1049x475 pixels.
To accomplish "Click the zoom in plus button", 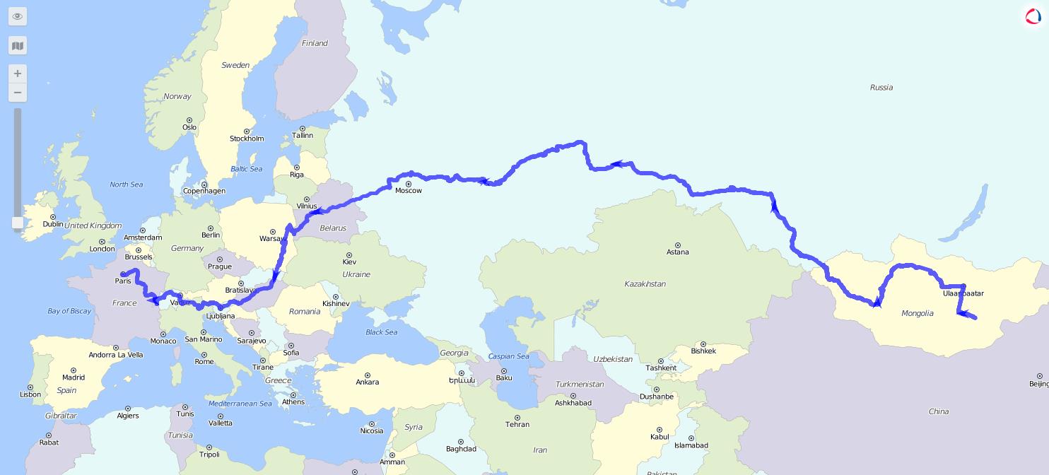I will (x=18, y=74).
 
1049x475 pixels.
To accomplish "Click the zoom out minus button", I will (x=18, y=93).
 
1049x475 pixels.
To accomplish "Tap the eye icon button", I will (x=18, y=16).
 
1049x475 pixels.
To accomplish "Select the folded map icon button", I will (x=18, y=46).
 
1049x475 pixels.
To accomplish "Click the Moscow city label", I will (x=408, y=191).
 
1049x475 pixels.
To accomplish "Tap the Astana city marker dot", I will (x=678, y=245).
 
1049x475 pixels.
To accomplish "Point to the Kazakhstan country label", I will (x=645, y=283).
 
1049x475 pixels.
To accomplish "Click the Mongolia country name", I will (x=918, y=313).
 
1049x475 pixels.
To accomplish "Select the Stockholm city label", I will (x=247, y=139).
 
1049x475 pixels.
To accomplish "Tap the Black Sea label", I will (x=381, y=332).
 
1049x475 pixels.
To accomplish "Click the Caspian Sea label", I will (x=508, y=356).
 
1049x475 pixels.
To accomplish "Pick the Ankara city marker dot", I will (x=368, y=375).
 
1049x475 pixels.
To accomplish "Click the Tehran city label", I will (x=517, y=424).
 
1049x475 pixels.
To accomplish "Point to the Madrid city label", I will (x=74, y=377).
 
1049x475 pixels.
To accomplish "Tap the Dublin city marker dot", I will (x=53, y=217).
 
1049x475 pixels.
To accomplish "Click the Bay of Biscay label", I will (x=69, y=311).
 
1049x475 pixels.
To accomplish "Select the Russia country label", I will (x=881, y=88).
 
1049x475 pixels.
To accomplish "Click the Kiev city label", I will (x=349, y=262).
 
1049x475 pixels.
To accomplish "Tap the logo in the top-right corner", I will (x=1033, y=16).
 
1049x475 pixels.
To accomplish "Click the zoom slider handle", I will (x=18, y=223).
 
